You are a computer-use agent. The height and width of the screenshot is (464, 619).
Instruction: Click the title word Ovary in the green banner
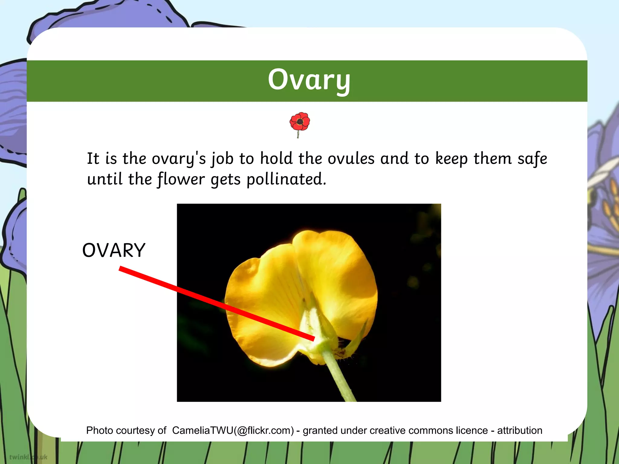[x=309, y=80]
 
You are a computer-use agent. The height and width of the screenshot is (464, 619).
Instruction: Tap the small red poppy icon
[x=300, y=122]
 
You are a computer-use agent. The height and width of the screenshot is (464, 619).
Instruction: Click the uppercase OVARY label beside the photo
[x=114, y=250]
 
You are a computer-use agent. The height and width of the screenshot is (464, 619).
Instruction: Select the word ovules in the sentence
[x=351, y=159]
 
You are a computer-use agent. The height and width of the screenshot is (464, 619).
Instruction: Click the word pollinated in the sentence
[x=286, y=179]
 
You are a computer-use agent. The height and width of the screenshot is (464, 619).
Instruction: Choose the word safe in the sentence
[x=532, y=159]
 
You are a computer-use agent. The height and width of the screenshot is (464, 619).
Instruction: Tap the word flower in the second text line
[x=181, y=179]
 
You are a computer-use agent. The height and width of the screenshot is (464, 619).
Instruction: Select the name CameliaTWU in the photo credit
[x=203, y=430]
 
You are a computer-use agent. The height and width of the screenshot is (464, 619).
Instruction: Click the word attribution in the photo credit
[x=520, y=430]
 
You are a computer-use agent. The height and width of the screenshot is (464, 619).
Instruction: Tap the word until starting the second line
[x=105, y=179]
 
